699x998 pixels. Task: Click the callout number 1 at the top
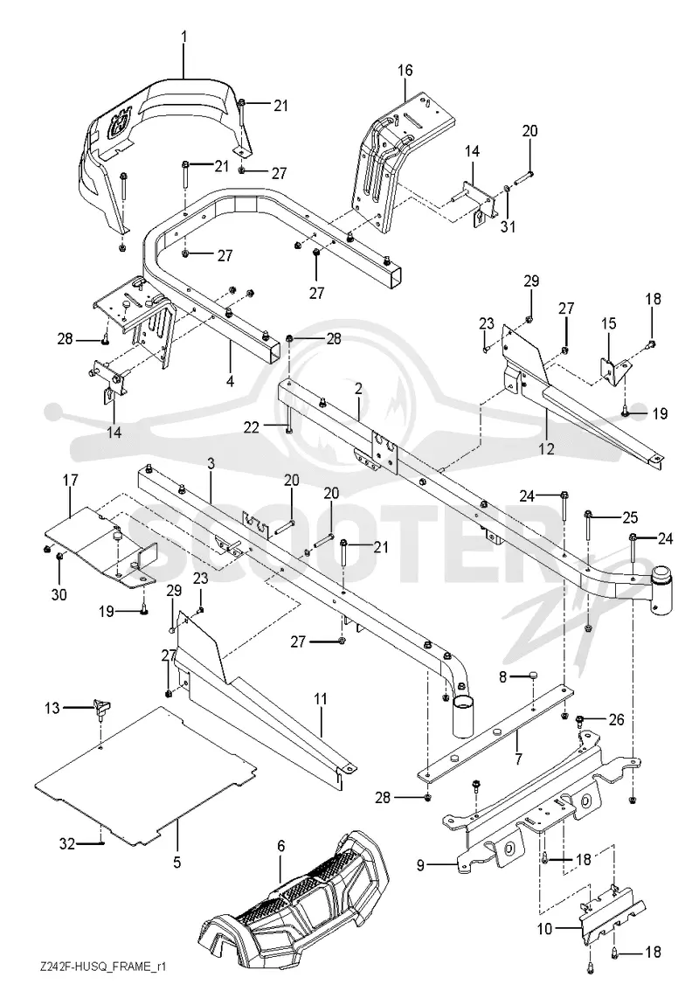point(183,38)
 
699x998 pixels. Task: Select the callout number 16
point(405,70)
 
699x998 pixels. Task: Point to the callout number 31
point(508,225)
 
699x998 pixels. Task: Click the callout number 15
point(609,323)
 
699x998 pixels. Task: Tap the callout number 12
point(547,448)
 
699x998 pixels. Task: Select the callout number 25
point(630,516)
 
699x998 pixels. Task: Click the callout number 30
point(59,594)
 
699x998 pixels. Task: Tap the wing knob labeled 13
point(101,706)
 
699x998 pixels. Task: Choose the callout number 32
point(67,844)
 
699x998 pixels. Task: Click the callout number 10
point(545,929)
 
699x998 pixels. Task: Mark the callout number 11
point(320,699)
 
